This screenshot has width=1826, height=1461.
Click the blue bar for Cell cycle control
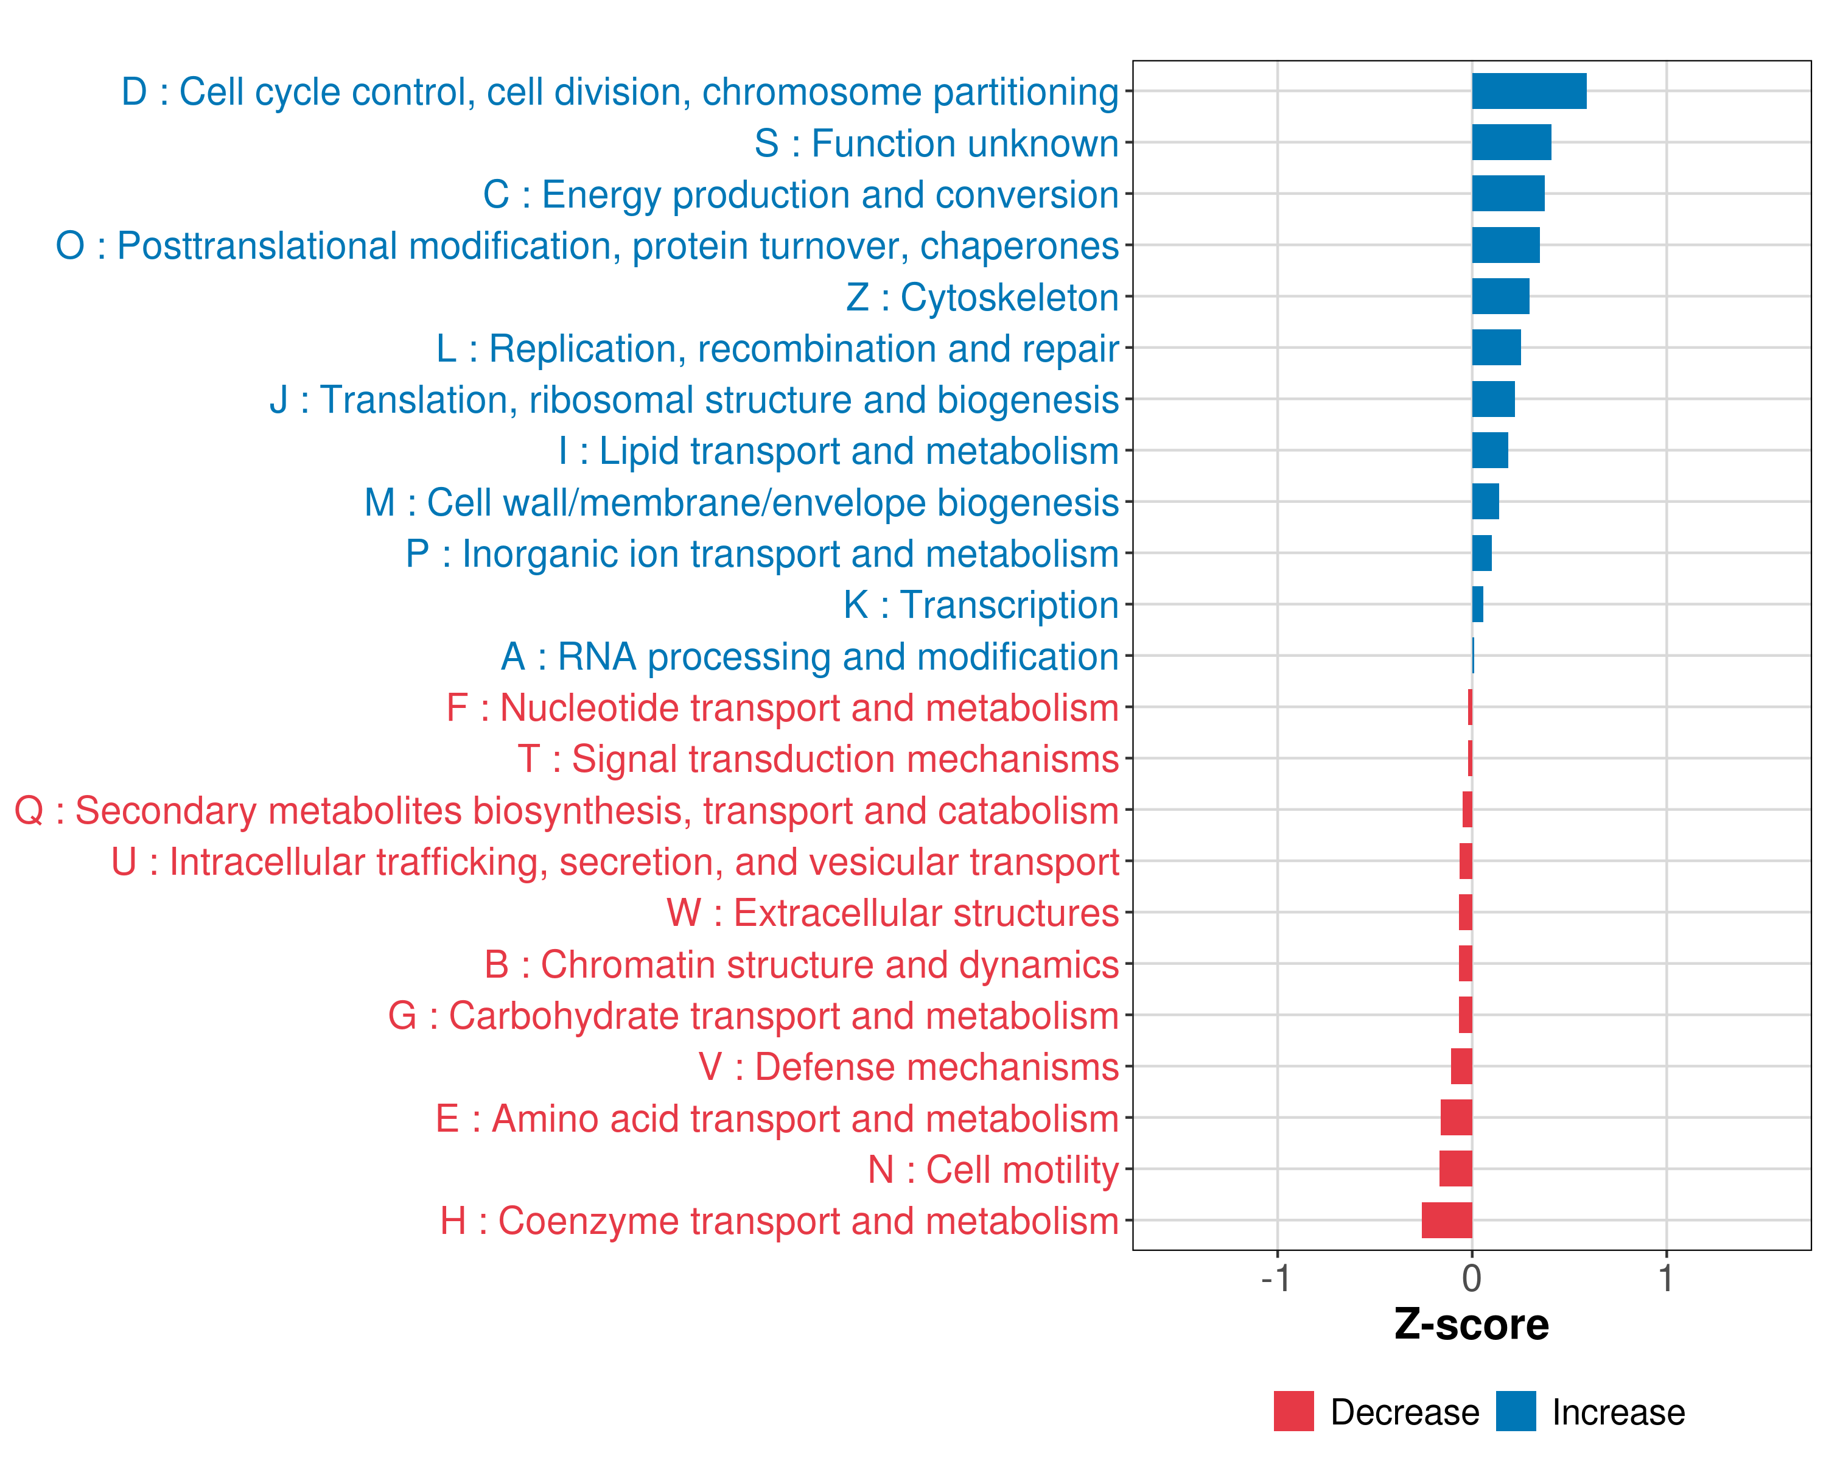coord(1529,91)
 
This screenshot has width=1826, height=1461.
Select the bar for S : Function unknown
coord(1511,142)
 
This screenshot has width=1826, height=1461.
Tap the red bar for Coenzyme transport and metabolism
coord(1447,1221)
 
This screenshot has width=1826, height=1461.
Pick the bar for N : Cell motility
coord(1455,1169)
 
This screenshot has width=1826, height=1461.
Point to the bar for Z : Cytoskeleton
coord(1500,296)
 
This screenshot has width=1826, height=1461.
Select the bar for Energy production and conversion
coord(1508,194)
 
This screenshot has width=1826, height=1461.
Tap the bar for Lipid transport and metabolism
coord(1490,450)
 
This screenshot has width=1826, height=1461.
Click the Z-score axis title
coord(1471,1325)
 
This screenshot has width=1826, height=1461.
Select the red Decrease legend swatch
coord(1293,1411)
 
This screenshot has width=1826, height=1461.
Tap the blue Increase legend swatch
coord(1515,1411)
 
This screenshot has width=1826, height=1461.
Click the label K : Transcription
coord(981,604)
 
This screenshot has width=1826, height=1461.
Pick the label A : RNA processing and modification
coord(810,656)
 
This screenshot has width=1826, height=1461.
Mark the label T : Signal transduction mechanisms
coord(818,759)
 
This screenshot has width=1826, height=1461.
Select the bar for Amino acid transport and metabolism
coord(1456,1118)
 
